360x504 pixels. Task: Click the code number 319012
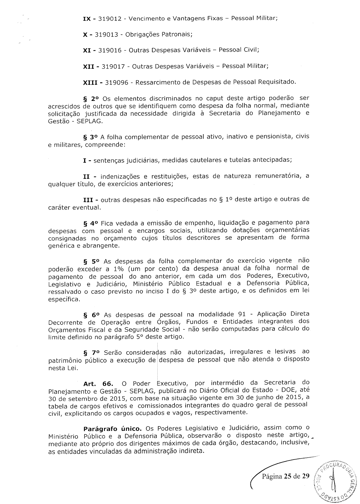tap(110, 19)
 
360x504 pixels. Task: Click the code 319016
tap(110, 50)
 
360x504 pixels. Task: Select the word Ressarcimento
tap(157, 82)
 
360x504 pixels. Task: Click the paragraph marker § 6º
tap(92, 315)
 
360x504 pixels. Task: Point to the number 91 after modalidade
tap(242, 314)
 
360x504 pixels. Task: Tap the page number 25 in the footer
tap(287, 476)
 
